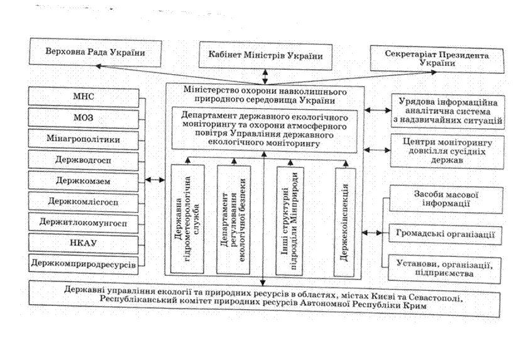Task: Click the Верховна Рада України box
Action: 96,52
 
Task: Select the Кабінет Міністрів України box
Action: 265,56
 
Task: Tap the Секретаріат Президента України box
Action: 437,59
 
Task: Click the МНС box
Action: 84,97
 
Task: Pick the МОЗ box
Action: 84,118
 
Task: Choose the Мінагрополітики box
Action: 84,139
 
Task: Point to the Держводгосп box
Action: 84,160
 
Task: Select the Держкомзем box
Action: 84,181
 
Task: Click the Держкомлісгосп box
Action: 84,202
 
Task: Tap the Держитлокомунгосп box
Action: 84,222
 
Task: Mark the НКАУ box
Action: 84,243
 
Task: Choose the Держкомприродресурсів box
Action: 84,265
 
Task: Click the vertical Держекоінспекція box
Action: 344,222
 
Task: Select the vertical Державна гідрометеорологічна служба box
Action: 187,219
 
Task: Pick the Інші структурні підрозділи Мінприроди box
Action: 290,221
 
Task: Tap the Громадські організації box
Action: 445,234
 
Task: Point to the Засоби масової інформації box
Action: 446,199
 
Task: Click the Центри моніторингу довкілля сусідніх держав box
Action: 448,151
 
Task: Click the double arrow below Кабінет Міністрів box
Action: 265,77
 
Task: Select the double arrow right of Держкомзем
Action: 155,180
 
